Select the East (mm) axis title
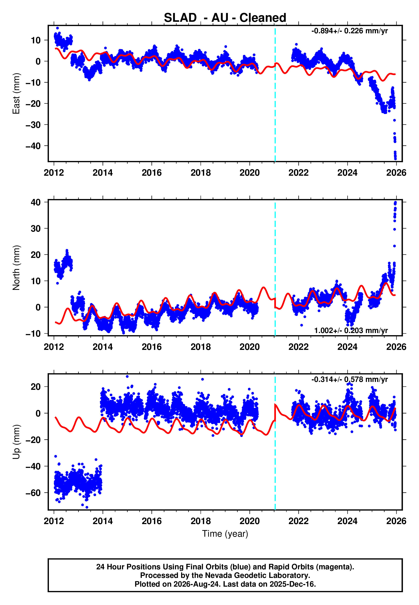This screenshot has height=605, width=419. pos(16,94)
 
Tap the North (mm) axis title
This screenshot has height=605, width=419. pos(16,268)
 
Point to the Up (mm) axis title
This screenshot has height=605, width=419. pos(16,442)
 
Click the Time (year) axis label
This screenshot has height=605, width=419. pos(225,534)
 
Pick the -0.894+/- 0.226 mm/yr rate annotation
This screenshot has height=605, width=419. pos(349,31)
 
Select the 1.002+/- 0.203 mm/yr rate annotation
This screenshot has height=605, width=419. pos(351,330)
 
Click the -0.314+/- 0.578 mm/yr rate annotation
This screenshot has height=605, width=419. pos(349,379)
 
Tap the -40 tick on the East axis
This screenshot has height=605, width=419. pos(33,146)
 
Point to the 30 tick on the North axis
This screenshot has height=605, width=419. pos(36,228)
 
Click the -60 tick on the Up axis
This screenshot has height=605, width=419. pos(33,493)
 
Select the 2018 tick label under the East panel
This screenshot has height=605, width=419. pos(201,173)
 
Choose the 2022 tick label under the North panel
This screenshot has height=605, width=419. pos(299,347)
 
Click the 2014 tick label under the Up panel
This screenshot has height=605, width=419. pos(103,521)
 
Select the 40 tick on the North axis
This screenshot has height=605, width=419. pos(36,202)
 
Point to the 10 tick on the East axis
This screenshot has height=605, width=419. pos(36,40)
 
